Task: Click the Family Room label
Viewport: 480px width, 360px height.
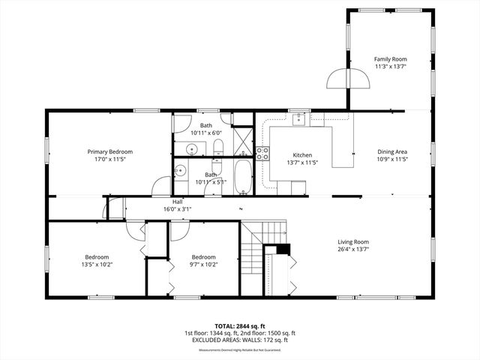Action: pos(390,58)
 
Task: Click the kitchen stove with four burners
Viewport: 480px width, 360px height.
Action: pos(262,154)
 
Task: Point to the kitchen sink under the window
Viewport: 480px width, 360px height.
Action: pos(298,118)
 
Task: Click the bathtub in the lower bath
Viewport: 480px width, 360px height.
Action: pos(243,177)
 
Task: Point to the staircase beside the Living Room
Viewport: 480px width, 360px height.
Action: pos(253,259)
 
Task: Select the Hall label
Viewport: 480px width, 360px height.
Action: pos(178,202)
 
